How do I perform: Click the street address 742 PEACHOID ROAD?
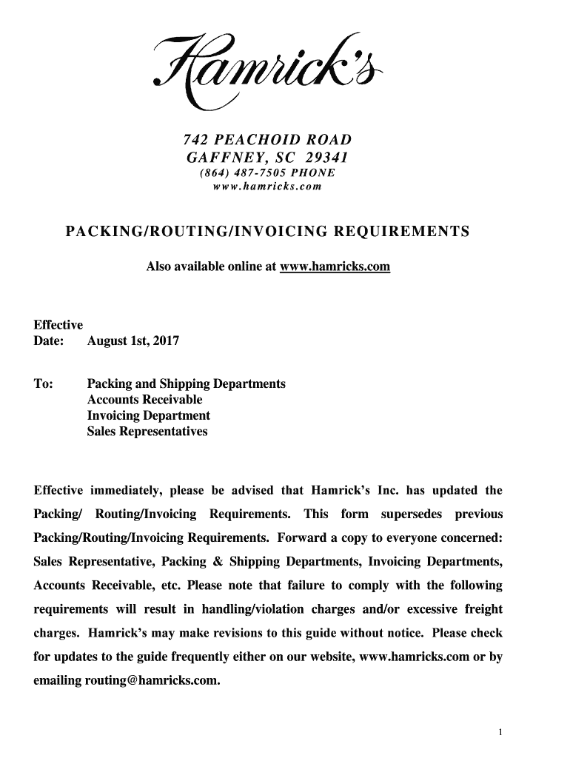pos(267,141)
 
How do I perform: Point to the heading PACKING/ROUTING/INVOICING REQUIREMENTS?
pos(267,232)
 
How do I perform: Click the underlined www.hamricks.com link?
pos(335,266)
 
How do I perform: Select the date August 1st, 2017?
pos(133,341)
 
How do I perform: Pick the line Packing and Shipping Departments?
pos(186,384)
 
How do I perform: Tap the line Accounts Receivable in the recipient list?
pos(144,400)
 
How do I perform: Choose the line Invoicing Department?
pos(148,415)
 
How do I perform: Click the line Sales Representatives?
pos(147,431)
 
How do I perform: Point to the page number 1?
pos(500,733)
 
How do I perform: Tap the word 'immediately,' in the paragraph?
pos(127,491)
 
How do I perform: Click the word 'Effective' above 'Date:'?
pos(58,325)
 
